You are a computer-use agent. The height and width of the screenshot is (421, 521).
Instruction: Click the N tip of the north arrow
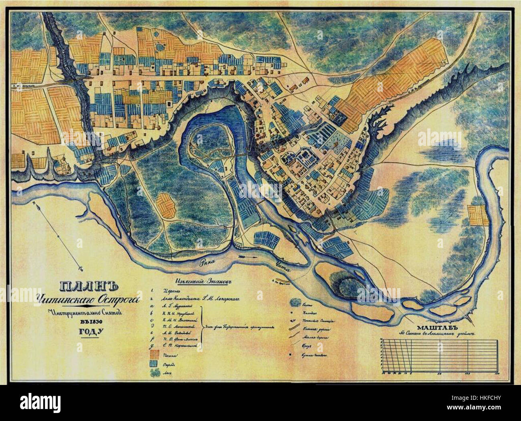point(36,205)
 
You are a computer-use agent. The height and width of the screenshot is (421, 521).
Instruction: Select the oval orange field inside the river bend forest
point(166,205)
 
